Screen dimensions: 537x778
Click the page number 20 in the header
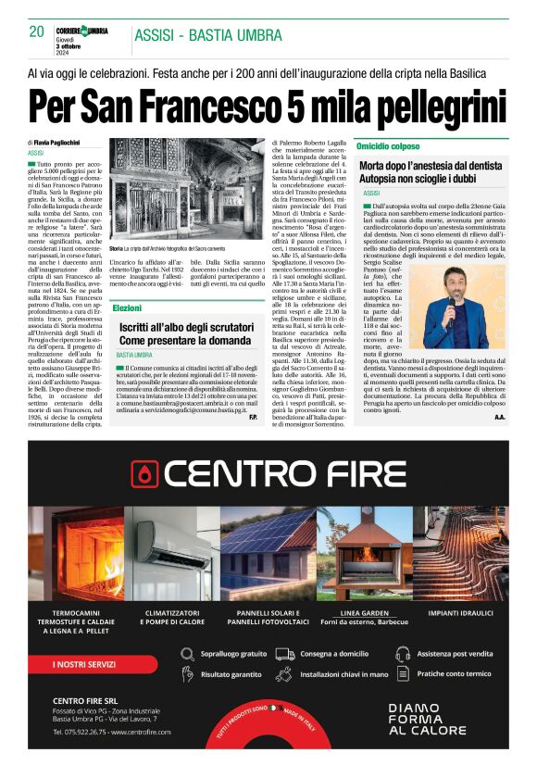click(x=36, y=32)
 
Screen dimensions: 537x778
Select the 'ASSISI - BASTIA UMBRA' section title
click(x=195, y=36)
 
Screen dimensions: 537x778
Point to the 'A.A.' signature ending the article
click(x=499, y=417)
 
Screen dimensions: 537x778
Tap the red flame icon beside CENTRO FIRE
click(x=145, y=472)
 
